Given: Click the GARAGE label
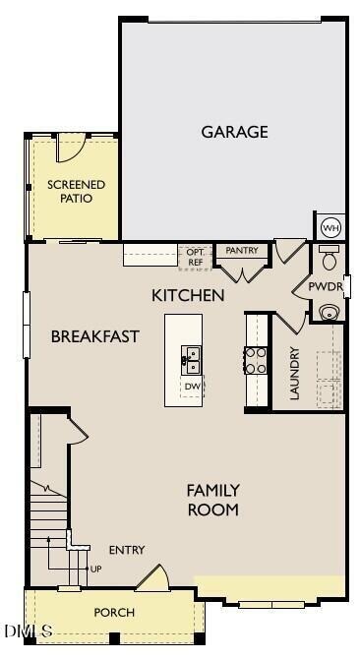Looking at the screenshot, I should (x=234, y=132).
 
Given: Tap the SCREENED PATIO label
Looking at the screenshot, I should (x=76, y=191).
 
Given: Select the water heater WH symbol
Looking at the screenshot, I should (x=330, y=227).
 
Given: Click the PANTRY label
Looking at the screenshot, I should (x=241, y=251).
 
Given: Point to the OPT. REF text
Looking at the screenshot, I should (x=195, y=258).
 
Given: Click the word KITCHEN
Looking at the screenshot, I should (x=188, y=295).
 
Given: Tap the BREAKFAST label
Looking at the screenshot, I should (x=94, y=336).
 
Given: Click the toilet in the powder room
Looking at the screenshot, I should (x=330, y=261).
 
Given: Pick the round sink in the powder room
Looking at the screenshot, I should (x=330, y=313).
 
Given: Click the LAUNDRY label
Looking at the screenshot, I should (x=293, y=373).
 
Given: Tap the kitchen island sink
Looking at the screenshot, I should (x=192, y=360).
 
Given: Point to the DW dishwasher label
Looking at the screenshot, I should (x=193, y=388).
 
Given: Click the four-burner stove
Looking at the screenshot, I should (x=256, y=361).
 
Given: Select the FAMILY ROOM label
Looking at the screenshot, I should (x=212, y=500).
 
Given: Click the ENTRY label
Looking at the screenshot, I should (x=127, y=550).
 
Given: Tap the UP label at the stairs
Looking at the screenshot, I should (x=95, y=569).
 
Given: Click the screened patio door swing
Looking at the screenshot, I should (x=72, y=148).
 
